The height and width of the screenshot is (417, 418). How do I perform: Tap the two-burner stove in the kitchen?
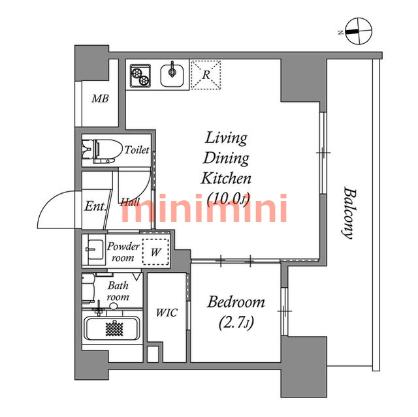[140, 76]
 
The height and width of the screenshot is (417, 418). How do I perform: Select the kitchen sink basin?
[172, 75]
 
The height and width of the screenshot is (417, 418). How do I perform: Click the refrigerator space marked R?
[206, 75]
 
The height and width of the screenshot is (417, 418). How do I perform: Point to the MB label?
[100, 99]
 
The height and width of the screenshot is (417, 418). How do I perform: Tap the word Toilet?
[137, 150]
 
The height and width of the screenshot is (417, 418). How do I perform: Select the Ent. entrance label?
[95, 206]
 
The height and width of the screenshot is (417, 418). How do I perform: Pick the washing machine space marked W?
[156, 252]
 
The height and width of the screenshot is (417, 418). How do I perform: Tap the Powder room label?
[123, 252]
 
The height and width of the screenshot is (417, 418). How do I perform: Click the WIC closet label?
[167, 313]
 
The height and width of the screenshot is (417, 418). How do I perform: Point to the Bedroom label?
[236, 302]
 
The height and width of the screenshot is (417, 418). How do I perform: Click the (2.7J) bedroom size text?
[236, 323]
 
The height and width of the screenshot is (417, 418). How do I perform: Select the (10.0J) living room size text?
[228, 198]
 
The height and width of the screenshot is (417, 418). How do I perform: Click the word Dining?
[226, 158]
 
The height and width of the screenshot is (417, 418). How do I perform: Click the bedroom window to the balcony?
[285, 311]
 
